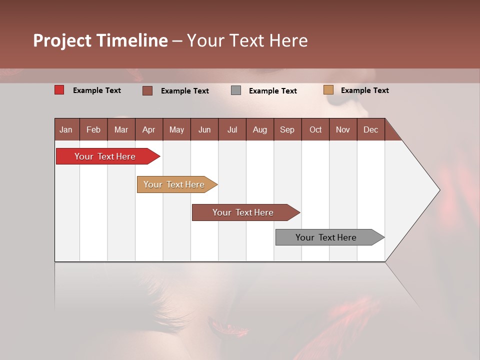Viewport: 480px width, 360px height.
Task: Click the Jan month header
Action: click(x=66, y=129)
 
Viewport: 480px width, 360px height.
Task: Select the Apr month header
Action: click(x=148, y=129)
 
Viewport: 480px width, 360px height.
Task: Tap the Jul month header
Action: click(x=232, y=129)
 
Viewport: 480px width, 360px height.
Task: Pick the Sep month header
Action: click(x=287, y=129)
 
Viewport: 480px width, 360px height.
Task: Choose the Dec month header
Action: click(x=370, y=129)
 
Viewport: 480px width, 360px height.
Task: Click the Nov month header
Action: click(x=342, y=129)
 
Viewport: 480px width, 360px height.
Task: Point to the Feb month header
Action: click(x=93, y=129)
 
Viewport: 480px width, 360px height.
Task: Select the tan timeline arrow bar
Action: click(x=175, y=184)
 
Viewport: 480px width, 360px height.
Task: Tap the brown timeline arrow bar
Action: click(x=244, y=212)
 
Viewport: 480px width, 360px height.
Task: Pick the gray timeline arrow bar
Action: click(x=327, y=237)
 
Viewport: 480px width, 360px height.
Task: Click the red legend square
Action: click(x=59, y=90)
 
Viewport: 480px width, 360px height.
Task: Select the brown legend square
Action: click(x=147, y=90)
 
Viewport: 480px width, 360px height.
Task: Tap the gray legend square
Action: click(x=236, y=90)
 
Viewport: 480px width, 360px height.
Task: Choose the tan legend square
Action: click(x=328, y=90)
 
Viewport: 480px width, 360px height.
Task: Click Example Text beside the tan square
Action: click(x=364, y=90)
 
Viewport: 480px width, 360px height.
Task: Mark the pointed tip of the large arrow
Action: click(x=439, y=190)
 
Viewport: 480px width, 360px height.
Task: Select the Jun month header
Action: click(x=204, y=129)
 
